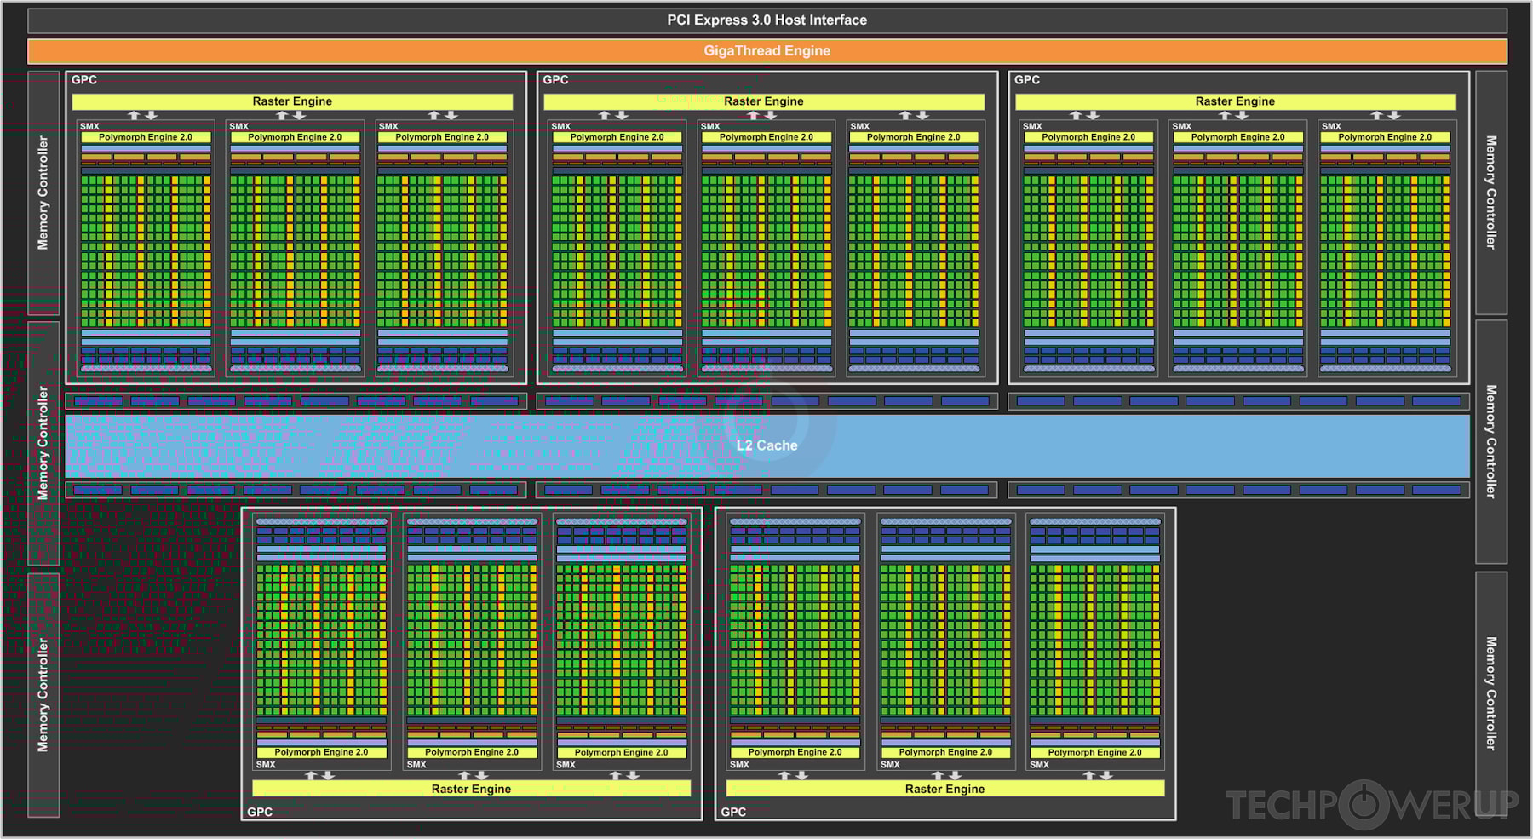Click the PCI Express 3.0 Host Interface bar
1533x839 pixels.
(766, 20)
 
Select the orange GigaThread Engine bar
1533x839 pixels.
(766, 51)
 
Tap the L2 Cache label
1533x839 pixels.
(766, 445)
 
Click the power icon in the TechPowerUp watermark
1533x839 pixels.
(1364, 804)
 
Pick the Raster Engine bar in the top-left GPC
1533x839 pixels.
(292, 101)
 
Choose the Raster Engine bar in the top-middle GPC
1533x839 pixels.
(764, 101)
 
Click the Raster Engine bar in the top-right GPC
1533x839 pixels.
(1235, 101)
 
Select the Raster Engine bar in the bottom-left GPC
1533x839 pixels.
(471, 789)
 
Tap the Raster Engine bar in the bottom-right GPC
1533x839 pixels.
(944, 789)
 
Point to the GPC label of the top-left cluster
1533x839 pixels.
(84, 80)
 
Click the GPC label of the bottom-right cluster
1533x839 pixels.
(733, 812)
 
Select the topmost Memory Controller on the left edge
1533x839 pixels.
(43, 193)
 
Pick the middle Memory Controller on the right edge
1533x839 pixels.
(1490, 441)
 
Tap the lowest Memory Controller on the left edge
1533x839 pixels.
(43, 694)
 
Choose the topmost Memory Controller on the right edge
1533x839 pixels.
(1490, 193)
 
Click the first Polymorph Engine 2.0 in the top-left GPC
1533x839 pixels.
(146, 137)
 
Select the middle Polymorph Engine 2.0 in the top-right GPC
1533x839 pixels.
(1237, 137)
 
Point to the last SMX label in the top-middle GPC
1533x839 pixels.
(860, 126)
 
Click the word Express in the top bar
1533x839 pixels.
(724, 20)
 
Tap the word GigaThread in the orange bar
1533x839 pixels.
(742, 51)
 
